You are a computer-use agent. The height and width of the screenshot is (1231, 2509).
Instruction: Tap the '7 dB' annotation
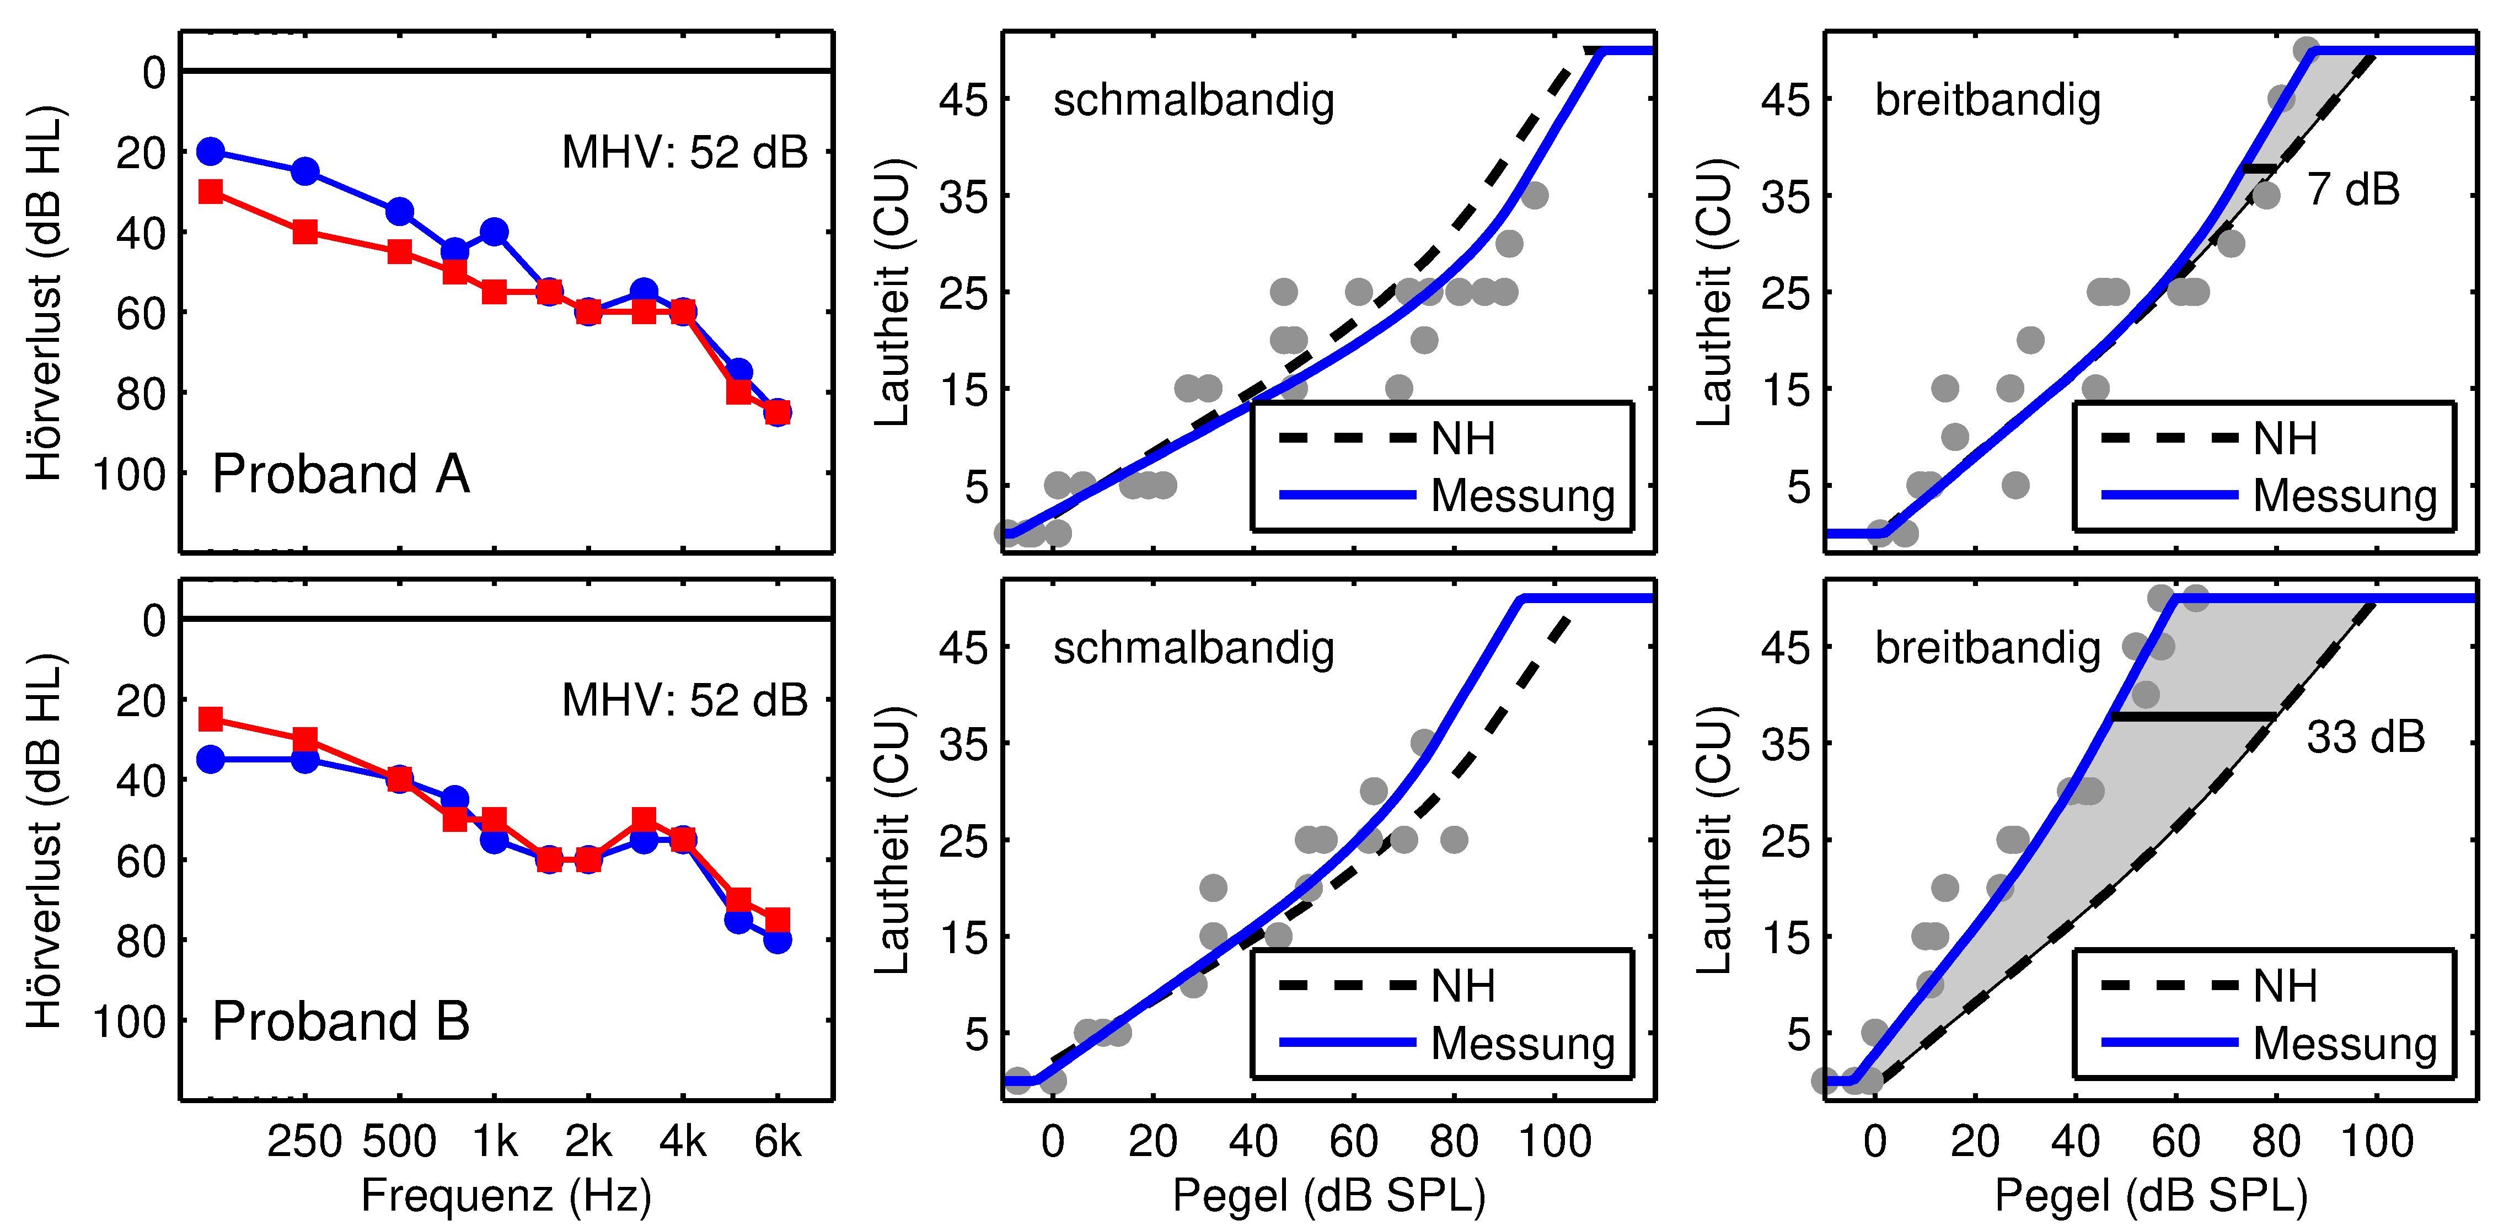coord(2352,189)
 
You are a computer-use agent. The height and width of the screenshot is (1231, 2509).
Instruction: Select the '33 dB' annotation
coord(2365,737)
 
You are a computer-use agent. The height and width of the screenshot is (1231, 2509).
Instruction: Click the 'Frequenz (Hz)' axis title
coord(506,1195)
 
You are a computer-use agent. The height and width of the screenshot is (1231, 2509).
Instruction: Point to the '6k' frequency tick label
coord(778,1141)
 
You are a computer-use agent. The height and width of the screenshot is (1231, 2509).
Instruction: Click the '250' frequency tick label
coord(305,1141)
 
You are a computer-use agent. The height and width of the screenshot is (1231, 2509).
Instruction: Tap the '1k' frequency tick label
coord(494,1141)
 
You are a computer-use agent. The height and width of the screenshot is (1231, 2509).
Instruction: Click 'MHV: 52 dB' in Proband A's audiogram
coord(685,153)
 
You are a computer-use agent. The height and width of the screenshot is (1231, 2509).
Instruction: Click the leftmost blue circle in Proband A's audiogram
coord(211,151)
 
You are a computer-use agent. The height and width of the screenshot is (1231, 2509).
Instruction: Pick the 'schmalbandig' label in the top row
coord(1193,100)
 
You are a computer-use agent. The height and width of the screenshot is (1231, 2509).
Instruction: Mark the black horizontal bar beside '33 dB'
coord(2194,717)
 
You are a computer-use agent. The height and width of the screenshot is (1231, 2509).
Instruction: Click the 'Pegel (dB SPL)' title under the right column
coord(2151,1195)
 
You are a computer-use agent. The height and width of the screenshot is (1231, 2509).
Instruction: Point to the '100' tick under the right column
coord(2377,1141)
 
